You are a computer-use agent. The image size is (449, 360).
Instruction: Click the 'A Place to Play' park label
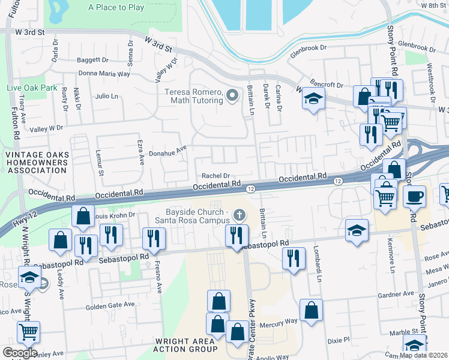(x=116, y=8)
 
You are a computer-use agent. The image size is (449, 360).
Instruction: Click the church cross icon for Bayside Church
(x=240, y=215)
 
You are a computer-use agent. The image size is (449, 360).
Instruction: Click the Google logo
(x=20, y=352)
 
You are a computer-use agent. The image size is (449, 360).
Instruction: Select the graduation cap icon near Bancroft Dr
(x=313, y=98)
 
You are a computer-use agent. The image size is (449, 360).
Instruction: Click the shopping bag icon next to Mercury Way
(x=310, y=311)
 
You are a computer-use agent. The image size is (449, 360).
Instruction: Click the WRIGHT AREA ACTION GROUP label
(x=185, y=344)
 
